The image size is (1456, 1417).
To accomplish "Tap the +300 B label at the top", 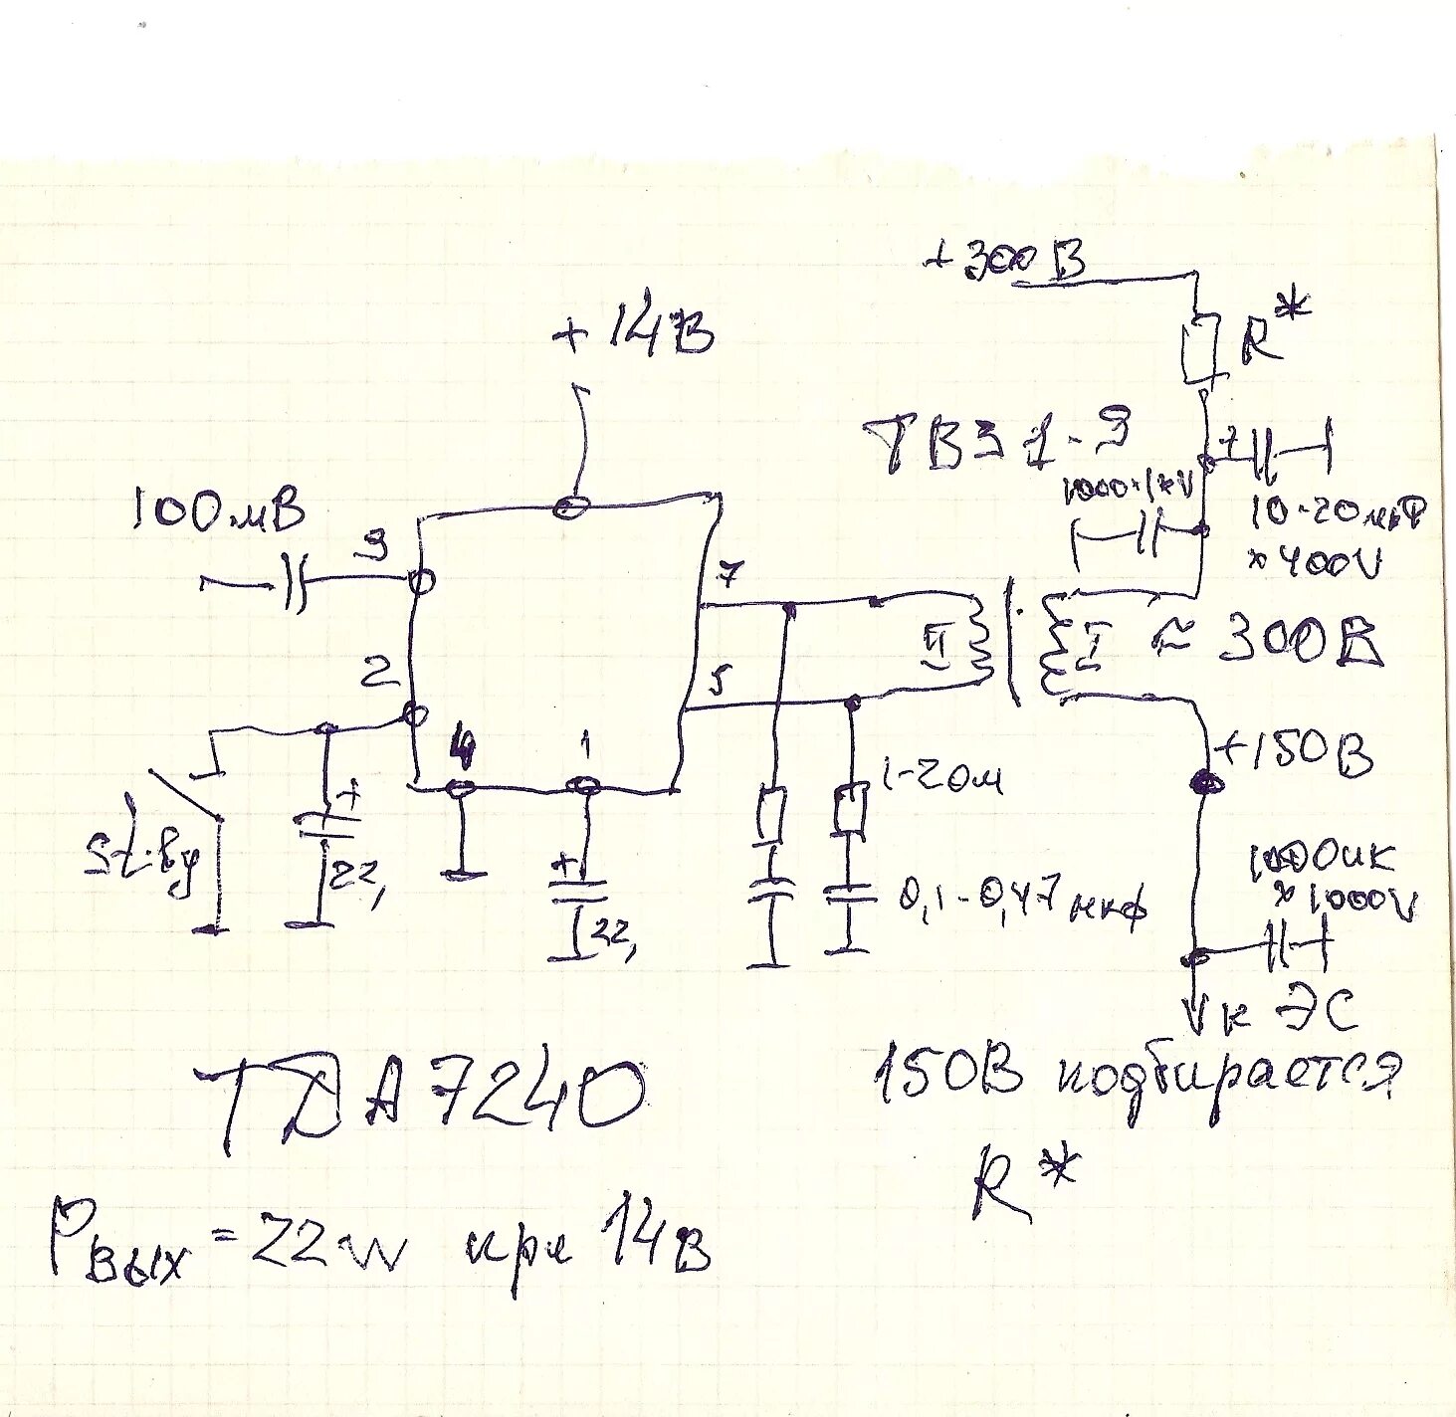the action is click(x=1005, y=260).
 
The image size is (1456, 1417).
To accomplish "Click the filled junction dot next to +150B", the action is click(x=1206, y=782).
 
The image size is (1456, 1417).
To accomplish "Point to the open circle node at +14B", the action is click(x=570, y=506).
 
